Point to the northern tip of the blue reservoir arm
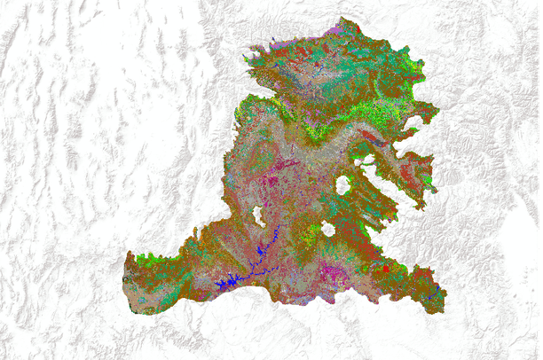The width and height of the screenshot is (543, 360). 277,227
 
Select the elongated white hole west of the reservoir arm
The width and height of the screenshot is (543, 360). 258,215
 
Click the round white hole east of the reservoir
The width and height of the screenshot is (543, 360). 328,230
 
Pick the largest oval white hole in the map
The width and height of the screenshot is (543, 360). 342,186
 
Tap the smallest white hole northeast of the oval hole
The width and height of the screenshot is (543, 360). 365,161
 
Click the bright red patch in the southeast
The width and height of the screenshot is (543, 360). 385,267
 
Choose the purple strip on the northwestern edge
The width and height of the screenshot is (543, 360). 274,44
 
